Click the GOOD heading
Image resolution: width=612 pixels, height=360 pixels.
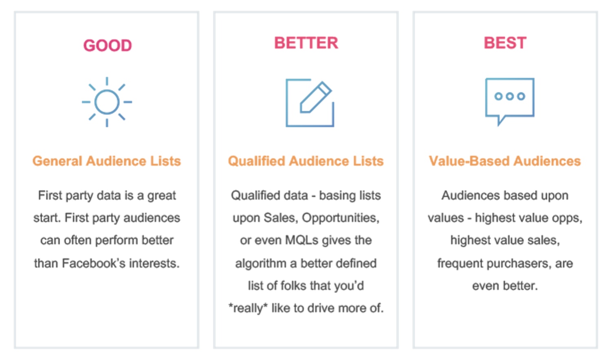click(x=108, y=45)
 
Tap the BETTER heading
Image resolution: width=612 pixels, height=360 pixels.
click(x=306, y=43)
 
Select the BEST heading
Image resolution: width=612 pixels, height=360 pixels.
click(x=505, y=43)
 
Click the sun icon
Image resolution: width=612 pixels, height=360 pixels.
click(x=107, y=102)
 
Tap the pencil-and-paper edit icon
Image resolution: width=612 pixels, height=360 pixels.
click(x=310, y=103)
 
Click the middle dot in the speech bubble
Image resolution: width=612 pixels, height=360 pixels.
click(x=509, y=97)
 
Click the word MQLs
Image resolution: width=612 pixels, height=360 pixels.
click(x=302, y=240)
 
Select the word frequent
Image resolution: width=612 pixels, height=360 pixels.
click(x=460, y=263)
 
